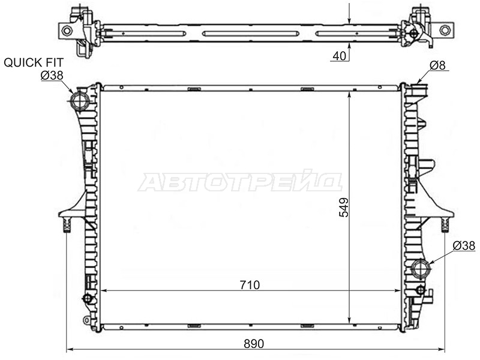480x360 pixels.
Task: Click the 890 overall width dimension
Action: pos(254,344)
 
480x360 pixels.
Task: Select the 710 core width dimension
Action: pos(250,285)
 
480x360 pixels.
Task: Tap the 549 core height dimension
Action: pos(344,207)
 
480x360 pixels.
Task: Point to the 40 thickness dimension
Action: pos(339,56)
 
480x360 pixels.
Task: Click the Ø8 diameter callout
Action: pos(438,65)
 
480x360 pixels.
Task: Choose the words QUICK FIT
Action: pos(34,62)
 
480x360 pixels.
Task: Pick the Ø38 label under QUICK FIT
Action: pos(52,76)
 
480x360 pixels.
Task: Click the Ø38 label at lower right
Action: pos(464,245)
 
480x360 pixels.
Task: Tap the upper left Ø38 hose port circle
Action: pos(80,100)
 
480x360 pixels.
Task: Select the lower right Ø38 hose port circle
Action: pos(421,268)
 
